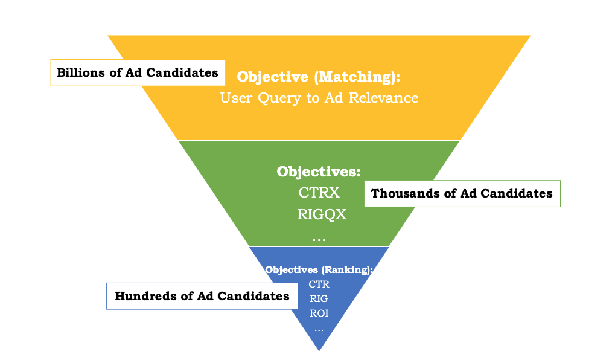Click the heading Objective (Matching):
(319, 77)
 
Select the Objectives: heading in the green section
(319, 172)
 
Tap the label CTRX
(319, 193)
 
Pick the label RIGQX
(321, 214)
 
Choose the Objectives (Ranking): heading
(319, 270)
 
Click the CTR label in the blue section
(319, 284)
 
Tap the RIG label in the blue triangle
(319, 298)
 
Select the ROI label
(319, 313)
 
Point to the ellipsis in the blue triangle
(319, 329)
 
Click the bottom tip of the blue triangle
(319, 349)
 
